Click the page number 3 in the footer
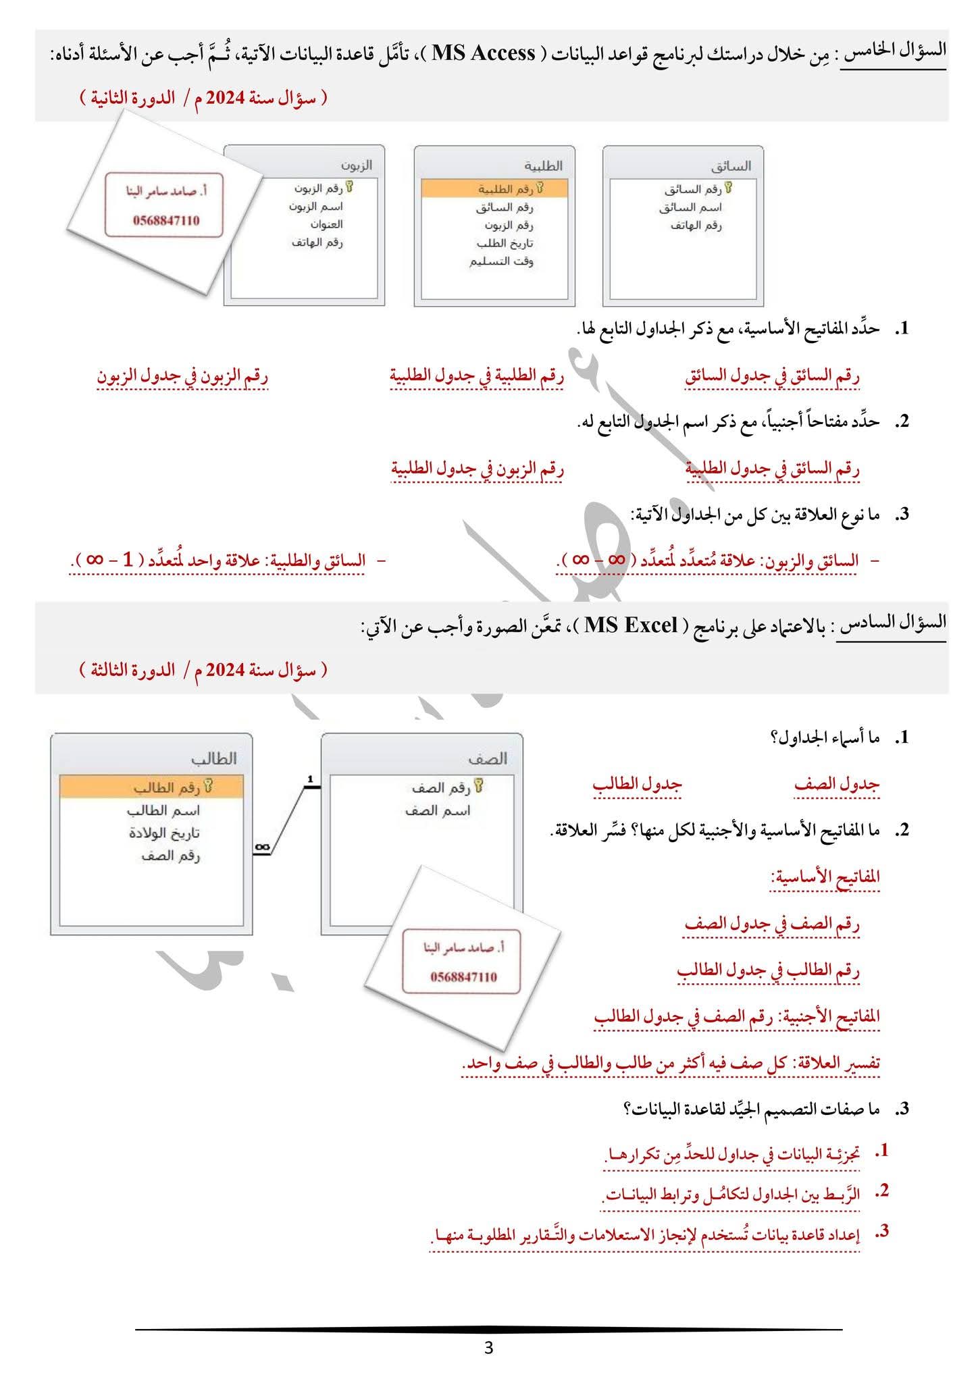[x=489, y=1349]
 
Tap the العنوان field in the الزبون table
[x=327, y=224]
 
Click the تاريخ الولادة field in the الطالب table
[x=165, y=833]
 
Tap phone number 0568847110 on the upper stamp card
[x=166, y=220]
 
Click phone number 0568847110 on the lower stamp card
[x=463, y=977]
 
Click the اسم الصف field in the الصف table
[x=437, y=810]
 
